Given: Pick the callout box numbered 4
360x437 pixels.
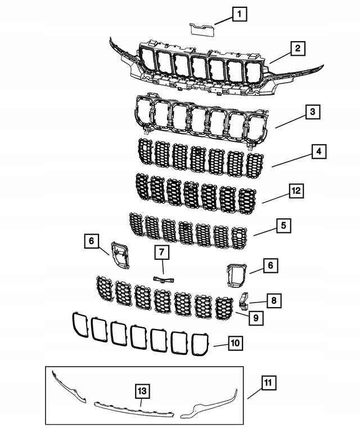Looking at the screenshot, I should click(318, 151).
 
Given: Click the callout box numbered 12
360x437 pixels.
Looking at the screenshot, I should click(296, 191).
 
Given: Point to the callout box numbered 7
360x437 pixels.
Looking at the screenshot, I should click(161, 254).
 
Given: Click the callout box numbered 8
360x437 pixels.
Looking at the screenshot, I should click(273, 301).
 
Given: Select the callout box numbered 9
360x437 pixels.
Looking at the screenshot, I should click(255, 318).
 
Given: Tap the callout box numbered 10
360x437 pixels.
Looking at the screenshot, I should click(235, 342).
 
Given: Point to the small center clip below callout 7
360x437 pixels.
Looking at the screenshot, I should click(163, 279).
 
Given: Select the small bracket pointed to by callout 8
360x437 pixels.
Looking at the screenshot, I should click(244, 300).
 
